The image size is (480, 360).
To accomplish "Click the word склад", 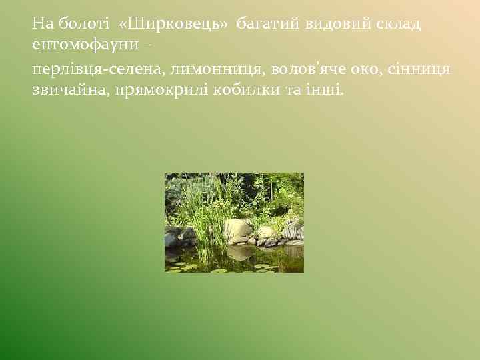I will click(x=397, y=25).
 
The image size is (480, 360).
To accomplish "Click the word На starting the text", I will click(x=42, y=25).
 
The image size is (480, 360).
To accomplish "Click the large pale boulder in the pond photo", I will click(x=237, y=230).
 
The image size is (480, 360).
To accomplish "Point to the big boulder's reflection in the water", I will click(x=240, y=252).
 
